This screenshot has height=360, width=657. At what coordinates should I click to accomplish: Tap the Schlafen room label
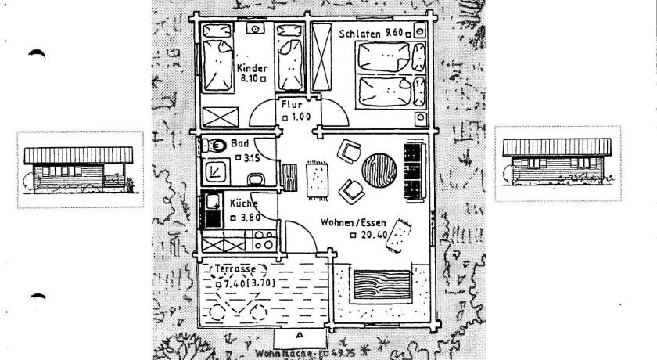[x=360, y=34]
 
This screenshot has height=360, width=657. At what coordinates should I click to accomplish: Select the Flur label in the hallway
[x=291, y=103]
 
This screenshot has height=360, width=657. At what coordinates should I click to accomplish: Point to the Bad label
[x=239, y=144]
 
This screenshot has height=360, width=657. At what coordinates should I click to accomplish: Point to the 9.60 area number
[x=395, y=34]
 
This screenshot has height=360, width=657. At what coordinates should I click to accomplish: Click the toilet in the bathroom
[x=214, y=145]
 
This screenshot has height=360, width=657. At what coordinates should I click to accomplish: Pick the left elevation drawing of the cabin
[x=81, y=169]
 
